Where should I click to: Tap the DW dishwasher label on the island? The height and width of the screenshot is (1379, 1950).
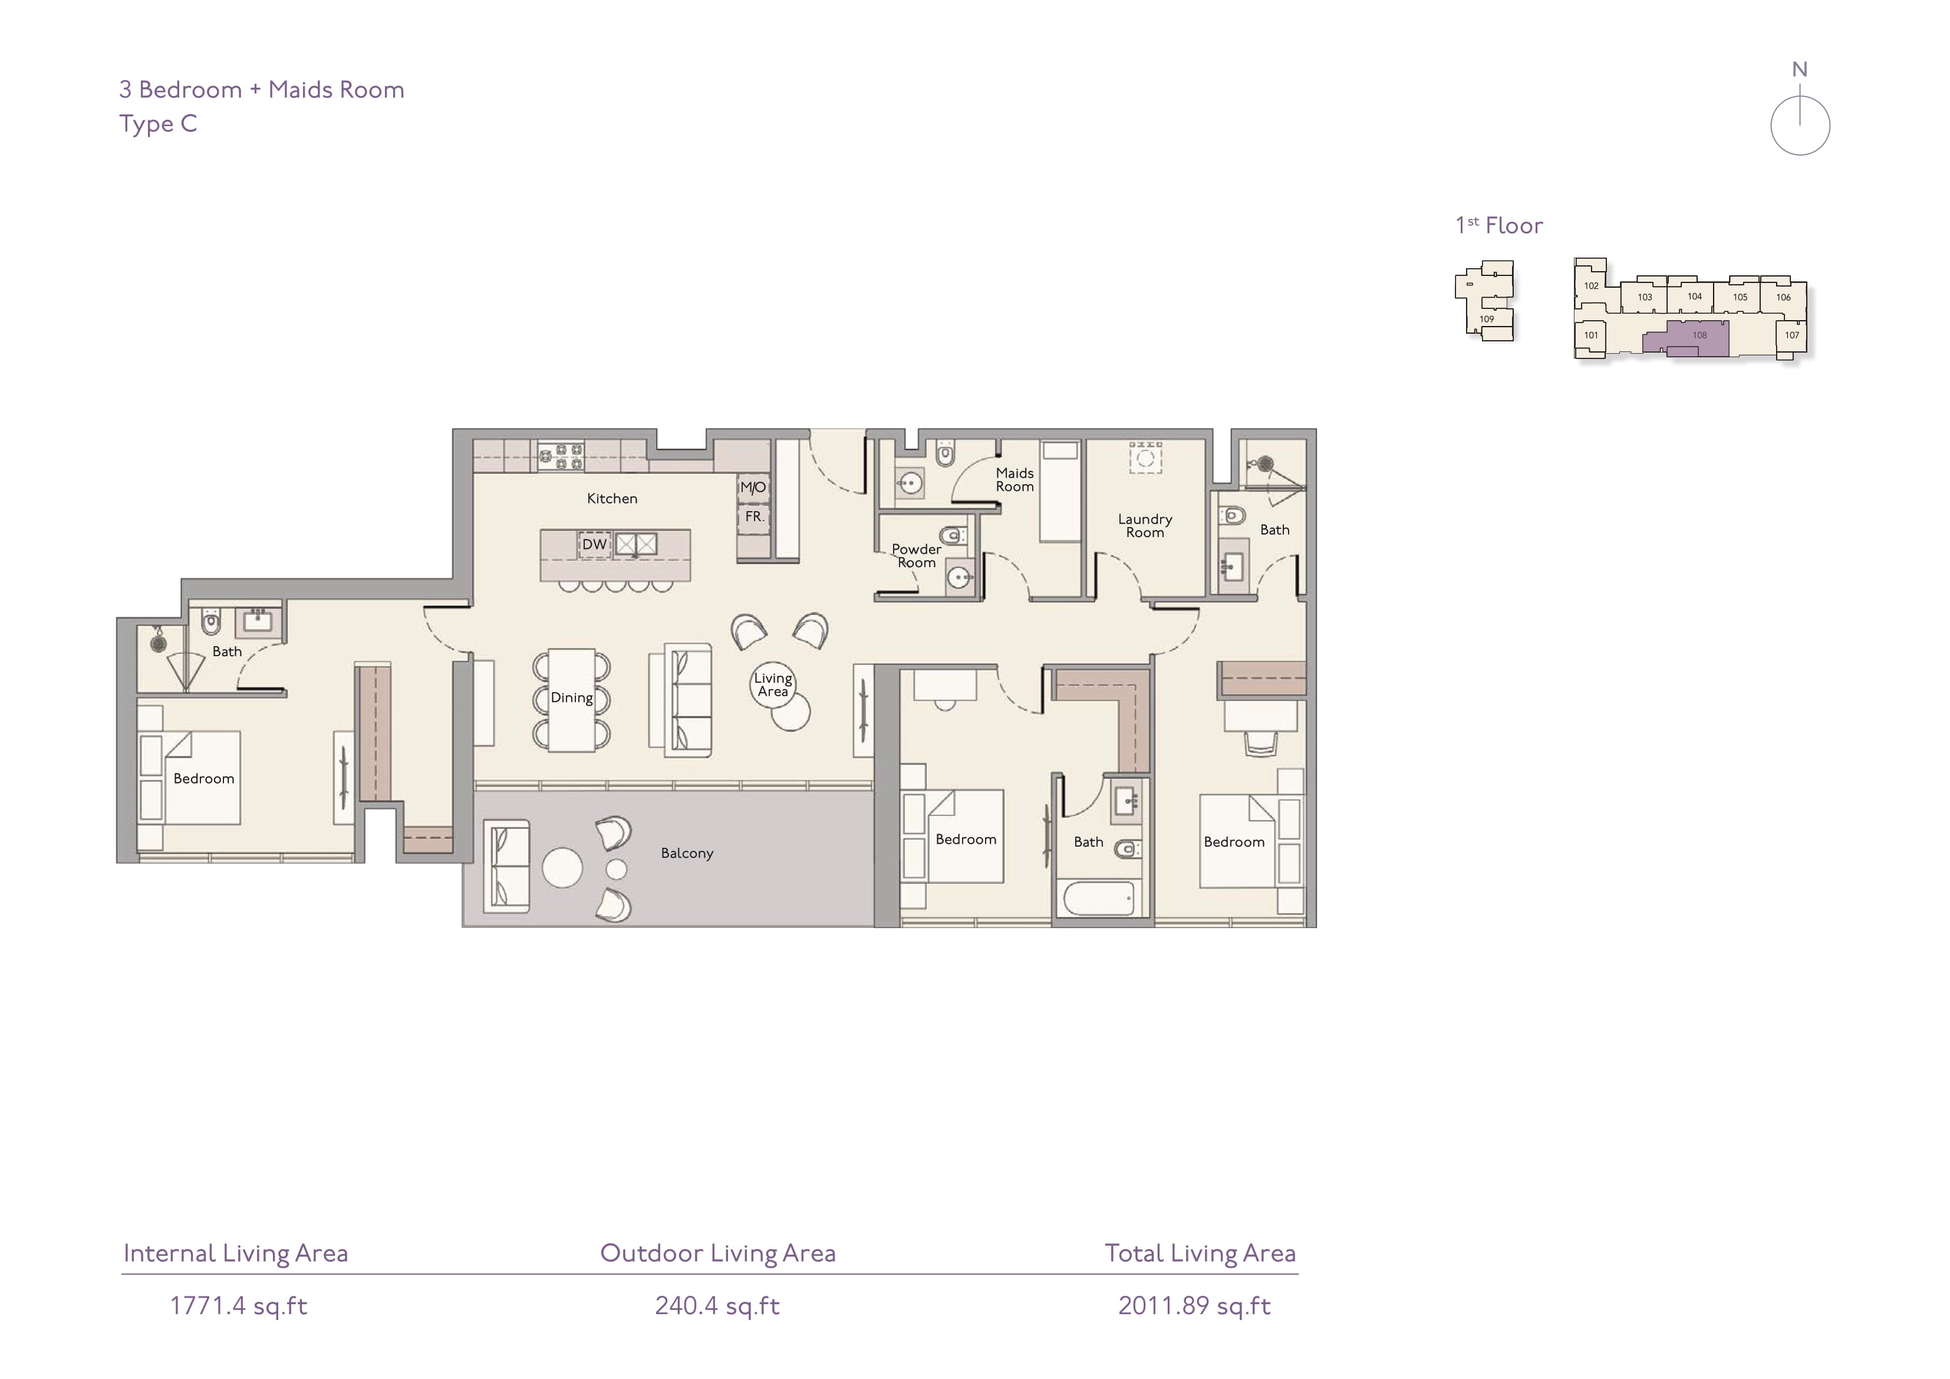point(595,545)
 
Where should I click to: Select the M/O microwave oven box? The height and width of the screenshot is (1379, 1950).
point(753,487)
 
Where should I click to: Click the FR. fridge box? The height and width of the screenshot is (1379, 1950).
point(753,516)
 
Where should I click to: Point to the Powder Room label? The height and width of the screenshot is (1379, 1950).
point(917,556)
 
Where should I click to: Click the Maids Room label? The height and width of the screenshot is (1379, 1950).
point(1015,480)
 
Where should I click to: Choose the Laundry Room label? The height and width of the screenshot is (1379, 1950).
point(1145,526)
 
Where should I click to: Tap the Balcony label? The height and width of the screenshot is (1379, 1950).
point(687,853)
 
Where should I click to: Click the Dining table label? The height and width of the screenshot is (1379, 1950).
point(572,697)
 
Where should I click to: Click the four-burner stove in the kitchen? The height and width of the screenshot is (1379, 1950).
point(561,456)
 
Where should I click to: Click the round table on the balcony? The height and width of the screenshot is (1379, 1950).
point(562,867)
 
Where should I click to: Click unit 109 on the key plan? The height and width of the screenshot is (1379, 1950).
point(1486,320)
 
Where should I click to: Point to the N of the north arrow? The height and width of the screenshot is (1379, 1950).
point(1800,70)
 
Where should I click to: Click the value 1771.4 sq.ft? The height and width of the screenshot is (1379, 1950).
point(239,1306)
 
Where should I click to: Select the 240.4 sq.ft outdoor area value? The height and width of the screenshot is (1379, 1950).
point(717,1306)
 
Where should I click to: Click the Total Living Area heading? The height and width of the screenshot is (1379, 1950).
point(1200,1253)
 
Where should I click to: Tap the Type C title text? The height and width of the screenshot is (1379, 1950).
point(158,124)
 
